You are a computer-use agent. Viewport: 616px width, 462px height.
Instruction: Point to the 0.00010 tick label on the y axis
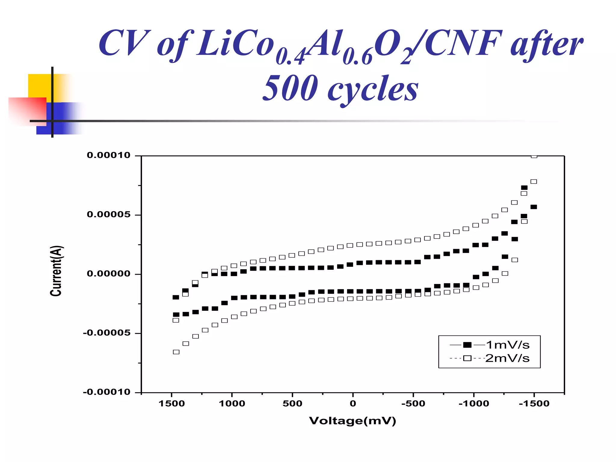click(109, 155)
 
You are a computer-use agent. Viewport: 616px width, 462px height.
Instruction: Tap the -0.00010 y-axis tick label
click(106, 392)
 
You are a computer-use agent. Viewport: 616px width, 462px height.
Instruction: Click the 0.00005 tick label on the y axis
click(109, 214)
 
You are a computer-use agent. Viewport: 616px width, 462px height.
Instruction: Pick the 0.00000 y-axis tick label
click(109, 274)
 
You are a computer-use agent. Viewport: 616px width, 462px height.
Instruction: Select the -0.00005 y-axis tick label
click(106, 333)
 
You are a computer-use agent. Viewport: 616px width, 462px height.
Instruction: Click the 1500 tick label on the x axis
click(172, 404)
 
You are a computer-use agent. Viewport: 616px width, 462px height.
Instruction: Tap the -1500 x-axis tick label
click(534, 404)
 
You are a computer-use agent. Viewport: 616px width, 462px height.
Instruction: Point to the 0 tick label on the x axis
click(353, 404)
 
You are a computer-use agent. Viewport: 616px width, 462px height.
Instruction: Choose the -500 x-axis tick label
click(413, 404)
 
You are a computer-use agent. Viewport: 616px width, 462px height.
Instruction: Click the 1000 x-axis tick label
click(232, 404)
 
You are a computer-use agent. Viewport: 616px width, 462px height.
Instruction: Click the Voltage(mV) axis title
click(353, 421)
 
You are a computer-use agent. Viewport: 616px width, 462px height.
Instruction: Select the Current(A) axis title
click(56, 271)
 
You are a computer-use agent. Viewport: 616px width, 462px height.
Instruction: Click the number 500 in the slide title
click(290, 88)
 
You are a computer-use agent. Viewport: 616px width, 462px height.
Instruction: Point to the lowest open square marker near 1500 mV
click(176, 352)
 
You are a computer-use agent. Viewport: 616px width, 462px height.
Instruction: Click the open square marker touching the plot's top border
click(534, 156)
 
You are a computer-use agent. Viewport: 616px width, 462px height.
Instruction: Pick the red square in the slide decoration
click(27, 111)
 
